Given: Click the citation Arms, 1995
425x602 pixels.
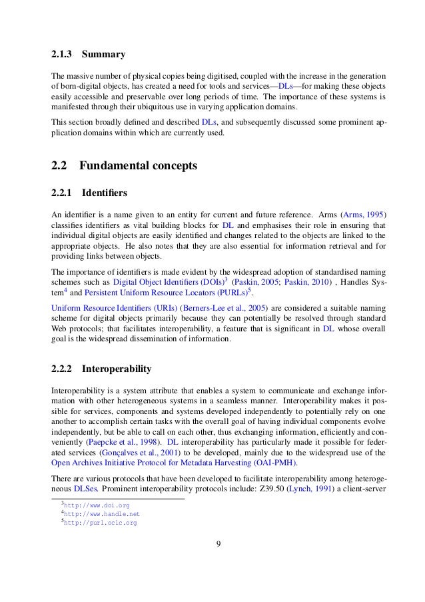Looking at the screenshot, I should pyautogui.click(x=365, y=215).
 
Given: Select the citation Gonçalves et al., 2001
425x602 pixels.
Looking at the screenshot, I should pyautogui.click(x=133, y=453).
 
